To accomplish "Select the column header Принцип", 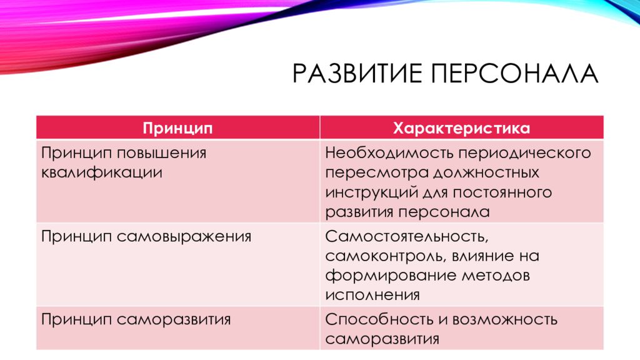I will coord(178,129).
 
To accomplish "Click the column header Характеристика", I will coord(462,129).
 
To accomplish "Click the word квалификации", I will coord(102,172).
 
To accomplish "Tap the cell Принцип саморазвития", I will coord(136,319).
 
